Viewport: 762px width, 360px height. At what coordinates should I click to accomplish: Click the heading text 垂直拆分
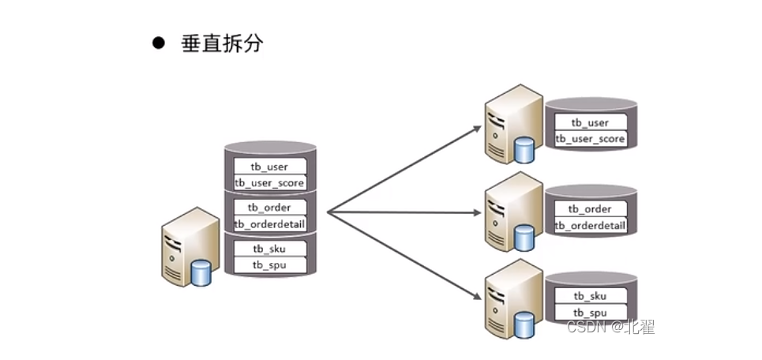point(223,43)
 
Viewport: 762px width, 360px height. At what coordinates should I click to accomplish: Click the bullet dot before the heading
point(158,43)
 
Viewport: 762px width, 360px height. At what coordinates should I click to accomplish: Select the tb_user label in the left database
point(268,167)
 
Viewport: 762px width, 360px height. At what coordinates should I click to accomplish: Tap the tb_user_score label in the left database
point(269,183)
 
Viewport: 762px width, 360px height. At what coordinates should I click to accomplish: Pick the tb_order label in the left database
point(269,208)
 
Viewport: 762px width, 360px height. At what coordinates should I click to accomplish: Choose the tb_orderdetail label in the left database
point(269,224)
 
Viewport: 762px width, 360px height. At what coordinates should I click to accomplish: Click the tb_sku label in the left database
point(269,249)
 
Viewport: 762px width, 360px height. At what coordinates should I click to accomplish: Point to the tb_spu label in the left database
point(269,264)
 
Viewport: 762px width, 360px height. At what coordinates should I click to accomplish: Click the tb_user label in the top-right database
point(590,122)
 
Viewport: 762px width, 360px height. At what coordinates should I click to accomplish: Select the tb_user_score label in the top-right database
point(590,139)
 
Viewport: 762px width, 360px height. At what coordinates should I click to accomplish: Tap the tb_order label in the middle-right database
point(590,209)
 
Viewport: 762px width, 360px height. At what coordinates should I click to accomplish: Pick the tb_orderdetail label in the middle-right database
point(590,226)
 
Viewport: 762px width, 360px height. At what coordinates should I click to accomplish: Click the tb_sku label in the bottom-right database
point(590,296)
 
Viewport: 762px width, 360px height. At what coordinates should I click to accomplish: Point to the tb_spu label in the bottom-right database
point(590,313)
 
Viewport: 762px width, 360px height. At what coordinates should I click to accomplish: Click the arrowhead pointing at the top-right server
point(476,126)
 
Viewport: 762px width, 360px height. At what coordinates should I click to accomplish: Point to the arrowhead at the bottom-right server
point(476,297)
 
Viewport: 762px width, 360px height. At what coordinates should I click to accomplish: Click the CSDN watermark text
point(610,327)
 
